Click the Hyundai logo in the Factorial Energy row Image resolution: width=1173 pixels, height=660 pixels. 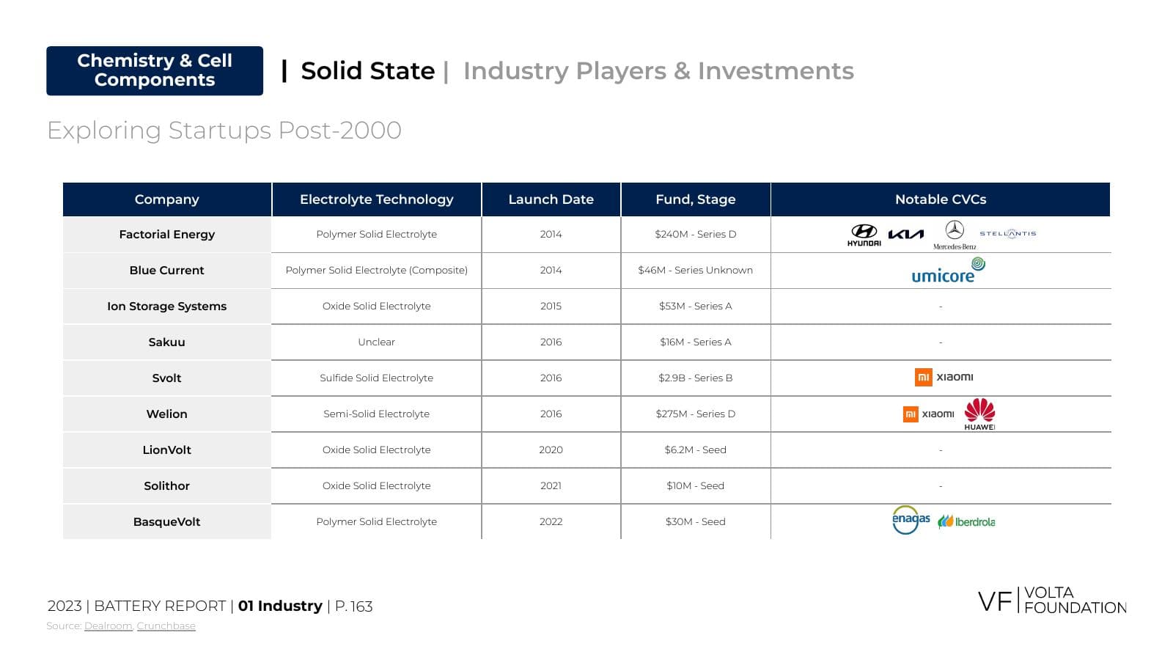coord(864,235)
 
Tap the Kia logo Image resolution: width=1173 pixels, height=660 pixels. coord(906,234)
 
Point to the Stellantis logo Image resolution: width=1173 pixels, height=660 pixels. coord(1008,234)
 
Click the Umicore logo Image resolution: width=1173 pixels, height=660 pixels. coord(949,271)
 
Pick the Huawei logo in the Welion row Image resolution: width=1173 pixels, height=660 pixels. coord(979,414)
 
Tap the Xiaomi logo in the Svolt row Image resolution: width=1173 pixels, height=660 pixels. coord(944,377)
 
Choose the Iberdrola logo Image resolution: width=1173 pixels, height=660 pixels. coord(967,521)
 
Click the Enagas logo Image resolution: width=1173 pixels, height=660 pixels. coord(911,520)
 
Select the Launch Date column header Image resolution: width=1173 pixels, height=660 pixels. coord(551,199)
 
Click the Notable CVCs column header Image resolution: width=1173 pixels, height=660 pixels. coord(941,199)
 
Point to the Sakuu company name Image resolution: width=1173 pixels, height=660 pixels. coord(166,342)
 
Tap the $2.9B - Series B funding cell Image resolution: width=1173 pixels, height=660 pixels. coord(696,378)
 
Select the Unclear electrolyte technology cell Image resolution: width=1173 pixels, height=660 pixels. coord(377,342)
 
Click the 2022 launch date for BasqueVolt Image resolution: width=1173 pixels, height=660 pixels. coord(551,521)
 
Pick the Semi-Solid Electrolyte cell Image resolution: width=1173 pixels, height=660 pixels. coord(377,414)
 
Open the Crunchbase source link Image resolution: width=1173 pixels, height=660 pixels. coord(166,626)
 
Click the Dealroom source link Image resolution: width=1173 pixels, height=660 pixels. coord(109,626)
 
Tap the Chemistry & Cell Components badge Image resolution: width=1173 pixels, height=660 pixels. coord(155,70)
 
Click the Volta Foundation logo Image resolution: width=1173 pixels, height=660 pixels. coord(1052,601)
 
